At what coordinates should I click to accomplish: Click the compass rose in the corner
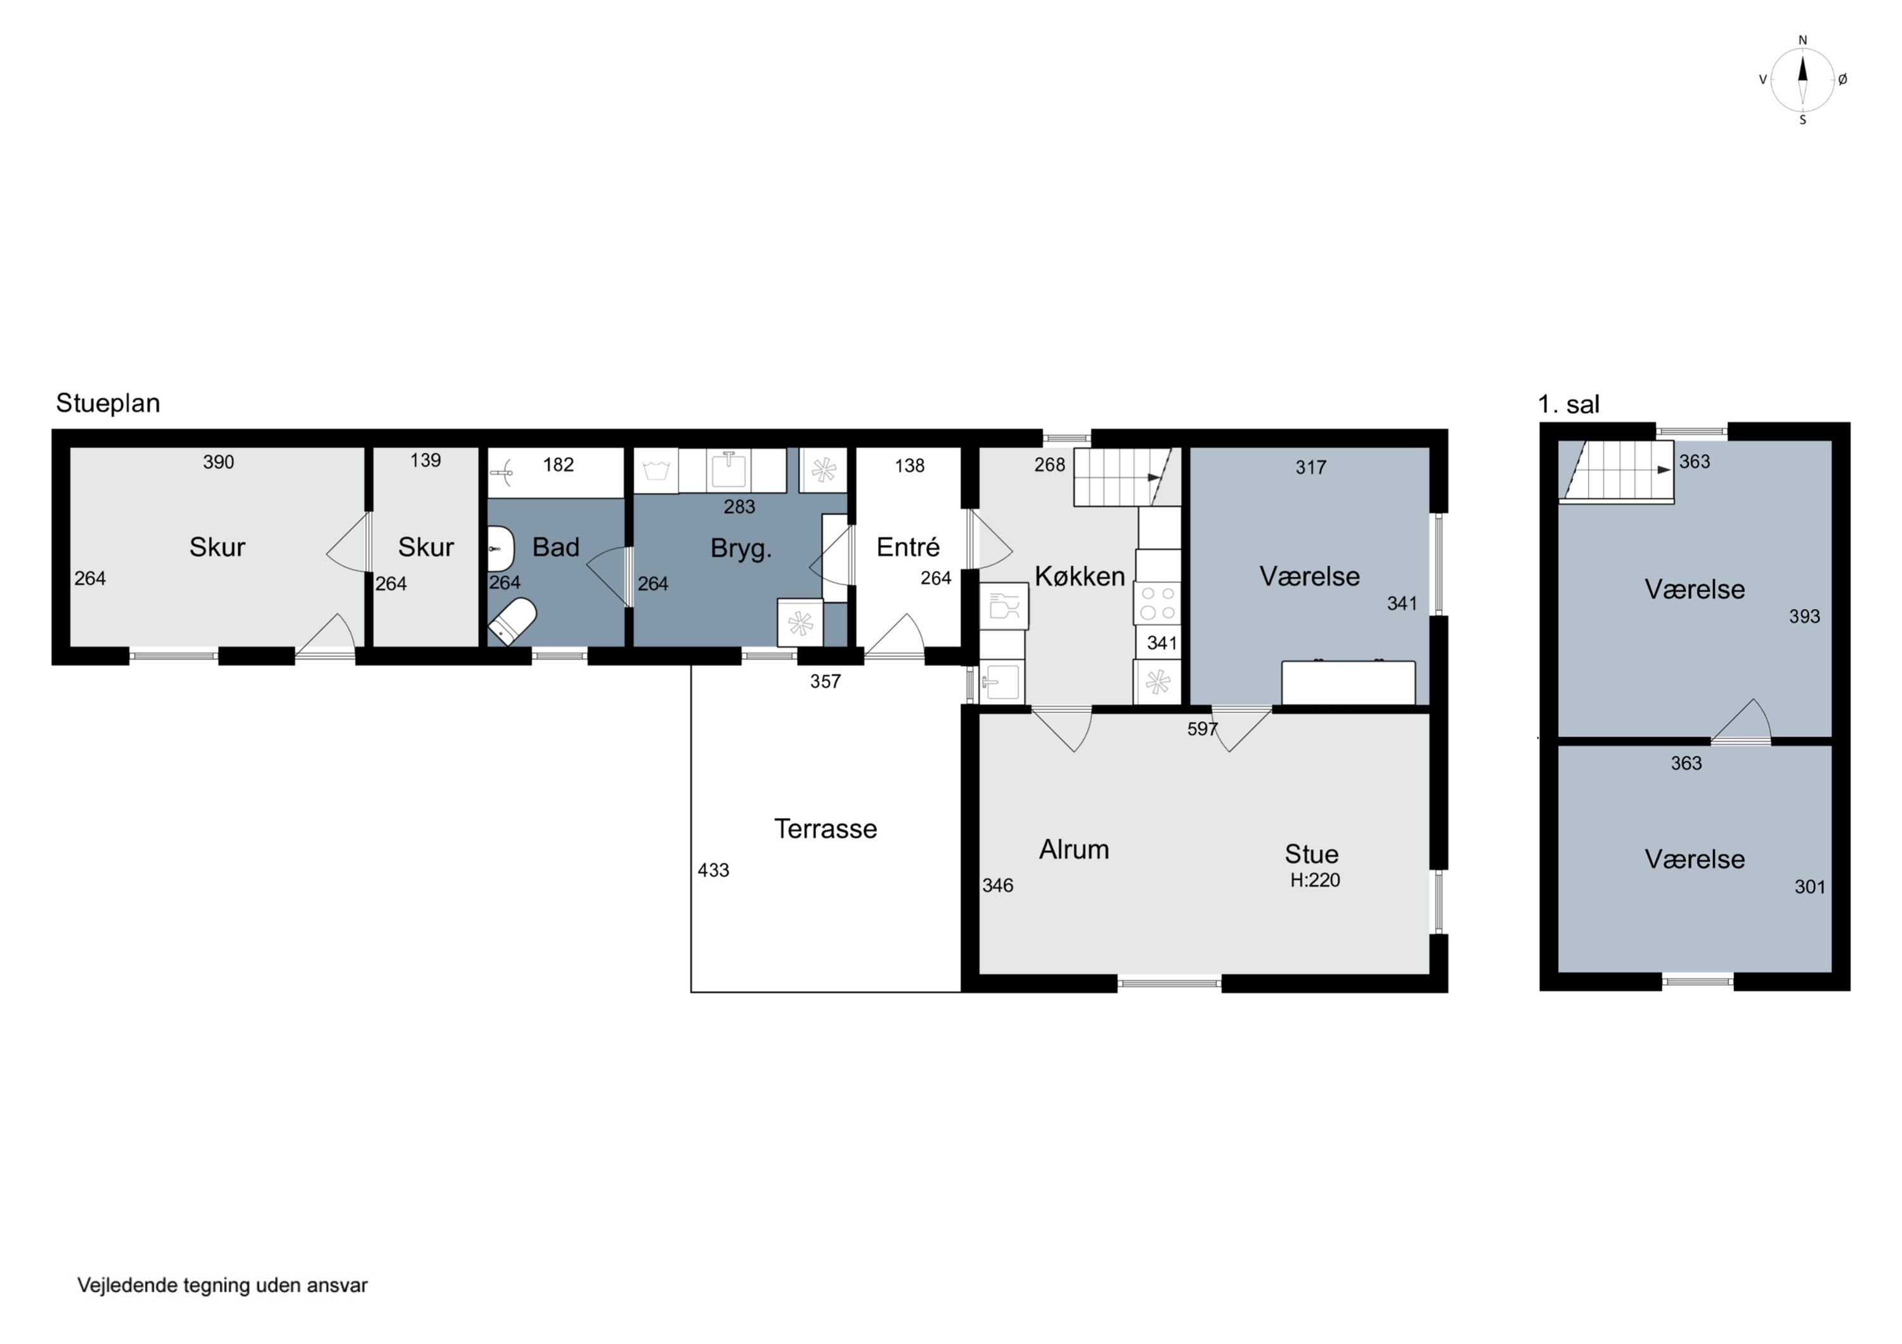tap(1802, 79)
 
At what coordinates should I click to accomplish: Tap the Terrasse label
tap(825, 829)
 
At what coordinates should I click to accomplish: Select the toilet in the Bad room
tap(512, 621)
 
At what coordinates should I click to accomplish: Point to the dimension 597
tap(1202, 729)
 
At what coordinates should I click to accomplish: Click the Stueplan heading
tap(108, 403)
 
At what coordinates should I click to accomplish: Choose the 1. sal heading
tap(1568, 404)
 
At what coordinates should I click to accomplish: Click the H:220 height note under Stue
tap(1315, 880)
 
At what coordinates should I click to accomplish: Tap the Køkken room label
tap(1080, 577)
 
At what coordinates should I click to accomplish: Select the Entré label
tap(908, 547)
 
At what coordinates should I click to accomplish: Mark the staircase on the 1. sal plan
tap(1616, 471)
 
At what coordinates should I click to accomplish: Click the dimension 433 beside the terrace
tap(713, 870)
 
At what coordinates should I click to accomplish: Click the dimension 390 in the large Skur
tap(219, 462)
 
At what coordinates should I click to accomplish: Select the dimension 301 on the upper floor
tap(1810, 887)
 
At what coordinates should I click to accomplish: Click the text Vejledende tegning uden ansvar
tap(222, 1285)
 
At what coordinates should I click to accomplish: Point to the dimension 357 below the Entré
tap(825, 682)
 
